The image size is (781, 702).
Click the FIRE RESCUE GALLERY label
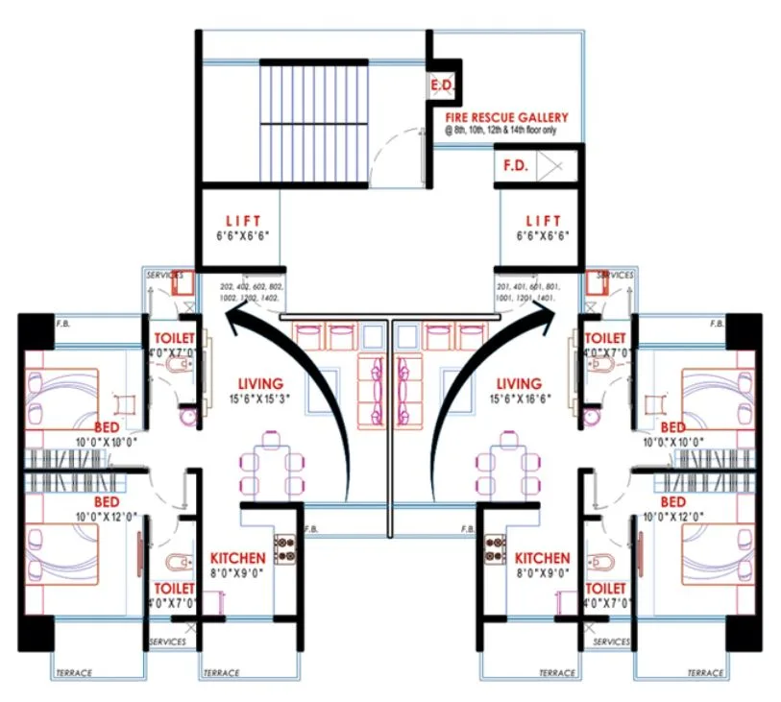[506, 117]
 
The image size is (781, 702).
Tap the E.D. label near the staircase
[442, 86]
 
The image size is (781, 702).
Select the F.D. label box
[516, 165]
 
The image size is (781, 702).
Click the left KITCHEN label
[237, 558]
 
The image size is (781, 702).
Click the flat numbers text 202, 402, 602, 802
[252, 287]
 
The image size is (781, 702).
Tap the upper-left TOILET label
[175, 339]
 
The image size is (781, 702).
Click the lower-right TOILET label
[605, 588]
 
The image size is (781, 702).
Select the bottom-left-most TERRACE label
[75, 673]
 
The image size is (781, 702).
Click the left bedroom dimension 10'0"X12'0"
[108, 517]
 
